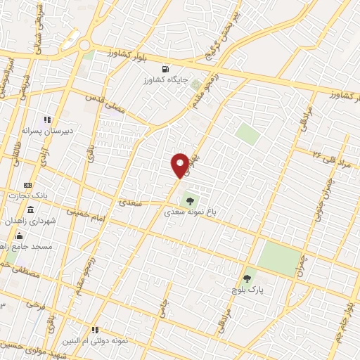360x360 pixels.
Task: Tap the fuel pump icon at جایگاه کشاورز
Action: coord(165,69)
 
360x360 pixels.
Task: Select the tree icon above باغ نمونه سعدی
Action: coord(189,200)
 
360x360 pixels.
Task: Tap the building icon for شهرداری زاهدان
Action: coord(30,210)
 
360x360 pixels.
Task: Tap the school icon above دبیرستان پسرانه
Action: coord(47,120)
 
